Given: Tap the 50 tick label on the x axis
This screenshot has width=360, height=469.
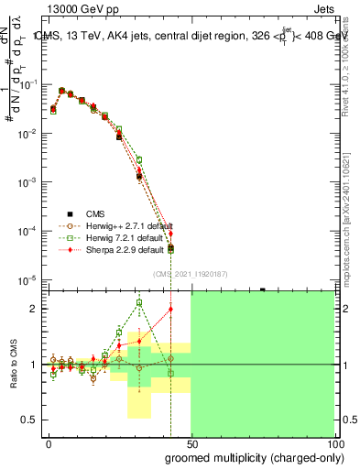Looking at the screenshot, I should click(191, 443).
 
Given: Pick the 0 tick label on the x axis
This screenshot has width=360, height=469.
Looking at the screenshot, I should click(49, 443).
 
